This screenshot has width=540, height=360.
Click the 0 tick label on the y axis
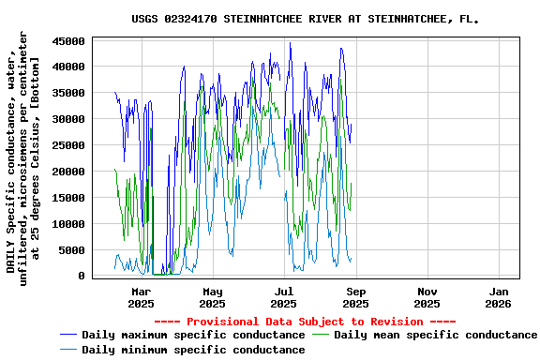tap(82, 277)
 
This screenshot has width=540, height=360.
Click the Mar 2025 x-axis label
tap(141, 297)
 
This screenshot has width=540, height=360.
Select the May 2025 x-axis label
tap(213, 297)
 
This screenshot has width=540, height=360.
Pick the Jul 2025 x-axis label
tap(284, 297)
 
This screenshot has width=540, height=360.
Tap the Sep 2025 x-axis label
tap(355, 297)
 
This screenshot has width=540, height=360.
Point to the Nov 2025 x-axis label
tap(427, 297)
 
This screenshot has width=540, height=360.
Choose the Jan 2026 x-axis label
tap(498, 297)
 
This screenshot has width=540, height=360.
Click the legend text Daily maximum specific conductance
tap(193, 335)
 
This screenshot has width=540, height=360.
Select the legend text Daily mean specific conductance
tap(436, 335)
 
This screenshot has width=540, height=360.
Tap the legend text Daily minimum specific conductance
tap(193, 350)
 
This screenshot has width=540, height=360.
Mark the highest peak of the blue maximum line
tap(290, 43)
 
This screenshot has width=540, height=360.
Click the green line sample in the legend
tap(321, 335)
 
